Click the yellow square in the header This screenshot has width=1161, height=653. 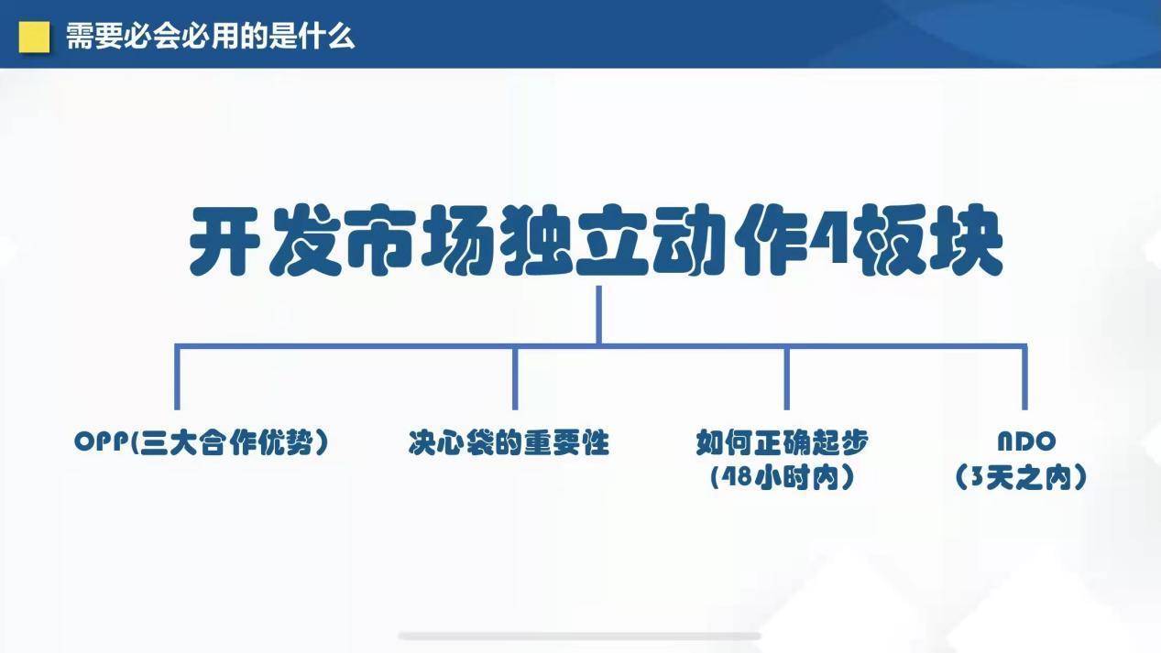point(34,37)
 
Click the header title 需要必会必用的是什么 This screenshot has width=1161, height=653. point(210,37)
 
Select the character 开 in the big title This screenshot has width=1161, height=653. point(224,240)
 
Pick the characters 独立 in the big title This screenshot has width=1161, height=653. point(575,240)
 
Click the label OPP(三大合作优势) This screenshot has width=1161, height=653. point(202,441)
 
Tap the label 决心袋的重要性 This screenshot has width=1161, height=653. point(509,442)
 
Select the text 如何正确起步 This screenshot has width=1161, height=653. point(783,441)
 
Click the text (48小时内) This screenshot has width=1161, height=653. point(783,477)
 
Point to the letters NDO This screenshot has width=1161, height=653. point(1027,441)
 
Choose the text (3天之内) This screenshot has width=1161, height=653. point(1021,477)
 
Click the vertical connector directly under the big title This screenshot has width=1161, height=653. point(598,315)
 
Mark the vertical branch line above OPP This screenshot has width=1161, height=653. point(177,377)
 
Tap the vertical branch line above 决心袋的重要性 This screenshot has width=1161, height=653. point(515,377)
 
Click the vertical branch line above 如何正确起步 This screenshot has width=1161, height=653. point(787,377)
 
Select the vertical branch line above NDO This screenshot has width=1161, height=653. point(1024,377)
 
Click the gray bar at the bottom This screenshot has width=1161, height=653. point(579,636)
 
